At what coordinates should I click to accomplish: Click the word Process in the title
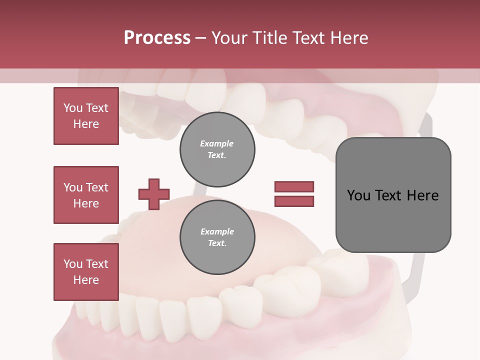tap(157, 38)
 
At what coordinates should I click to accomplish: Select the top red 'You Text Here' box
tap(86, 116)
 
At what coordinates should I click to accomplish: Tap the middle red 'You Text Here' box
tap(86, 195)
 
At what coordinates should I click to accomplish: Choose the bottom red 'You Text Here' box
tap(86, 272)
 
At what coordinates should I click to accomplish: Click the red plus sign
tap(153, 194)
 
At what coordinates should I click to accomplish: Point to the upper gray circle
tap(217, 149)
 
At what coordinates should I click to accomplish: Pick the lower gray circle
tap(217, 237)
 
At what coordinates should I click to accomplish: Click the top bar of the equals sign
tap(294, 186)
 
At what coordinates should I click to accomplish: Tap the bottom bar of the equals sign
tap(294, 201)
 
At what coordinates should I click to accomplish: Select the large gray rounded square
tap(393, 195)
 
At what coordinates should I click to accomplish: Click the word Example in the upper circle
tap(217, 143)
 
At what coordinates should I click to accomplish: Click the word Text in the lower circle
tap(216, 243)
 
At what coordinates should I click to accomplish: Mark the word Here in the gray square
tap(423, 195)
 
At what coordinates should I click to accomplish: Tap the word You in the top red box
tap(73, 108)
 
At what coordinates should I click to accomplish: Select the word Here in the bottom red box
tap(86, 280)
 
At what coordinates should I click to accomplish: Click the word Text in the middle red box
tap(96, 187)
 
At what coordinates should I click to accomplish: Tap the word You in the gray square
tap(358, 195)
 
